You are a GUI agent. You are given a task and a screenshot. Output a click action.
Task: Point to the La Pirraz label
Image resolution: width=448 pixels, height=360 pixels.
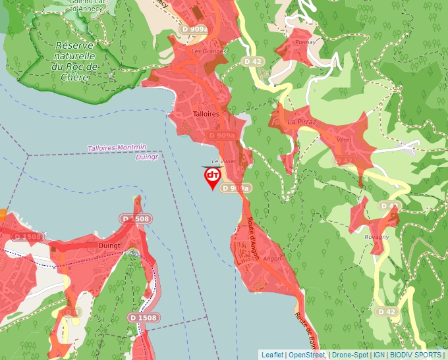click(x=302, y=122)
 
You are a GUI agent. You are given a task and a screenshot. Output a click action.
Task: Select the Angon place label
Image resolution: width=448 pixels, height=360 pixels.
click(x=271, y=259)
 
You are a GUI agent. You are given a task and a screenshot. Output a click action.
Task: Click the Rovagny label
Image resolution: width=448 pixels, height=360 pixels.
click(x=376, y=237)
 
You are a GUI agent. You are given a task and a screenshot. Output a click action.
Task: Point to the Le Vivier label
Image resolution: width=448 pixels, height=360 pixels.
click(x=223, y=161)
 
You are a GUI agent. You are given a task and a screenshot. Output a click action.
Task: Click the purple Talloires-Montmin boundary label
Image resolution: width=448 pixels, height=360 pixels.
click(x=117, y=148)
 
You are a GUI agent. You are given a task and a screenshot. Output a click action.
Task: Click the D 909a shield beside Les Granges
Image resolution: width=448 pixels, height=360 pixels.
click(x=194, y=29)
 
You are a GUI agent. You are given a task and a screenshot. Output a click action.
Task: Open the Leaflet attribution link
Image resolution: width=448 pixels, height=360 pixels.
click(x=272, y=355)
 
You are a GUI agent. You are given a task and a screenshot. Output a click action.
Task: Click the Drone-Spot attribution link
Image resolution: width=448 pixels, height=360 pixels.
click(x=350, y=355)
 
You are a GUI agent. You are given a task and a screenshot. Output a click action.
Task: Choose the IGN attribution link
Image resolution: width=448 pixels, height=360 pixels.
click(x=379, y=355)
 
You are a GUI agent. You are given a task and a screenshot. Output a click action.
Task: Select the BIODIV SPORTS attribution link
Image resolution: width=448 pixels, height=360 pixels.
click(x=415, y=355)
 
